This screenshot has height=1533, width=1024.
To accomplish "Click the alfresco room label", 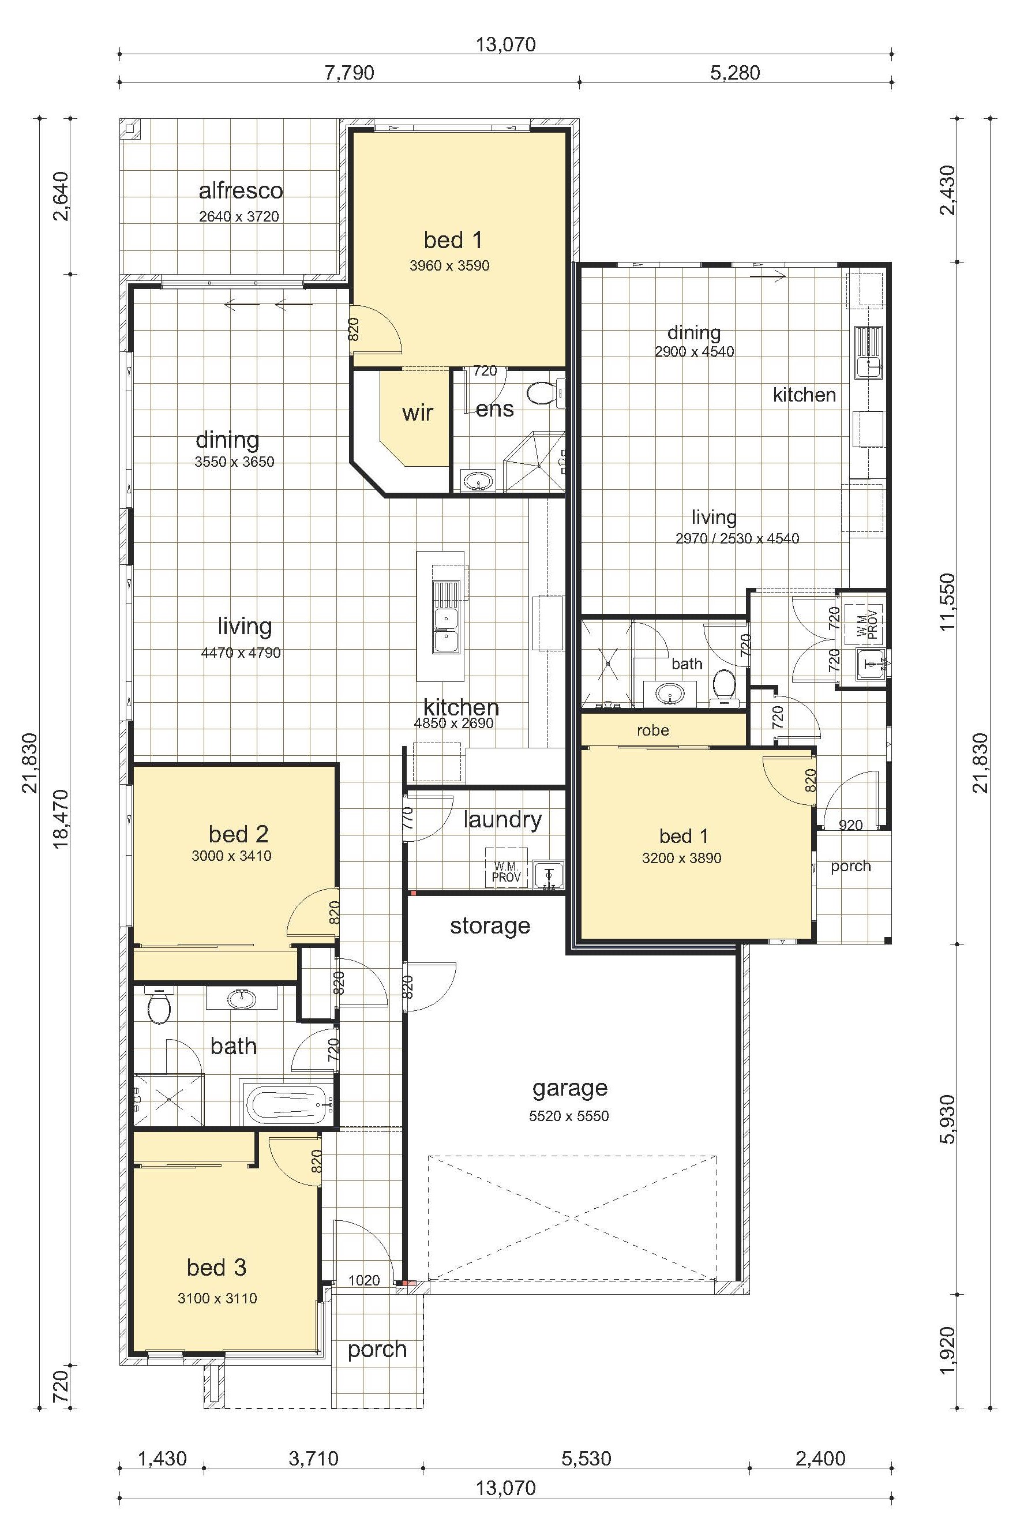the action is [x=241, y=191].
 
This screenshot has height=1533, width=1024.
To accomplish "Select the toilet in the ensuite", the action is [x=542, y=392].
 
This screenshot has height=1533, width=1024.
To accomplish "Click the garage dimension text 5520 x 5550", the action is [x=569, y=1116].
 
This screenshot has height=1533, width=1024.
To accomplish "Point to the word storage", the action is [x=490, y=926].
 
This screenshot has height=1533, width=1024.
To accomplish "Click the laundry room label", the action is [x=502, y=819].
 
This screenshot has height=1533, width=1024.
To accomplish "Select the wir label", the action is [x=417, y=413].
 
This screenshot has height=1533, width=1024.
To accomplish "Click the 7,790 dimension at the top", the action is [x=350, y=72].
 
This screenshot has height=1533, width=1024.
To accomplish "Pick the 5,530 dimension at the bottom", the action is [x=587, y=1458].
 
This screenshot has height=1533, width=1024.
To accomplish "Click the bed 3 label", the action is [x=216, y=1267].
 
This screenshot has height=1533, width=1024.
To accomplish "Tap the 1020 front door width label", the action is [x=364, y=1280].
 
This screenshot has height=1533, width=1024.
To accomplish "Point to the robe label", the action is [x=653, y=730].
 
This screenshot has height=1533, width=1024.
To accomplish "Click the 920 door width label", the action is [x=850, y=825].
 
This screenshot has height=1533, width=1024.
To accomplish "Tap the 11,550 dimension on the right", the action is [x=948, y=602].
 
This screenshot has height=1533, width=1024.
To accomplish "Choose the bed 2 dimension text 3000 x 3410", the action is [x=231, y=856].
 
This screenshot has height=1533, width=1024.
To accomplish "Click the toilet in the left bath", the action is [x=159, y=1007].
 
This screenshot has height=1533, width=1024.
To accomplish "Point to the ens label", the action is [x=494, y=410].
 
